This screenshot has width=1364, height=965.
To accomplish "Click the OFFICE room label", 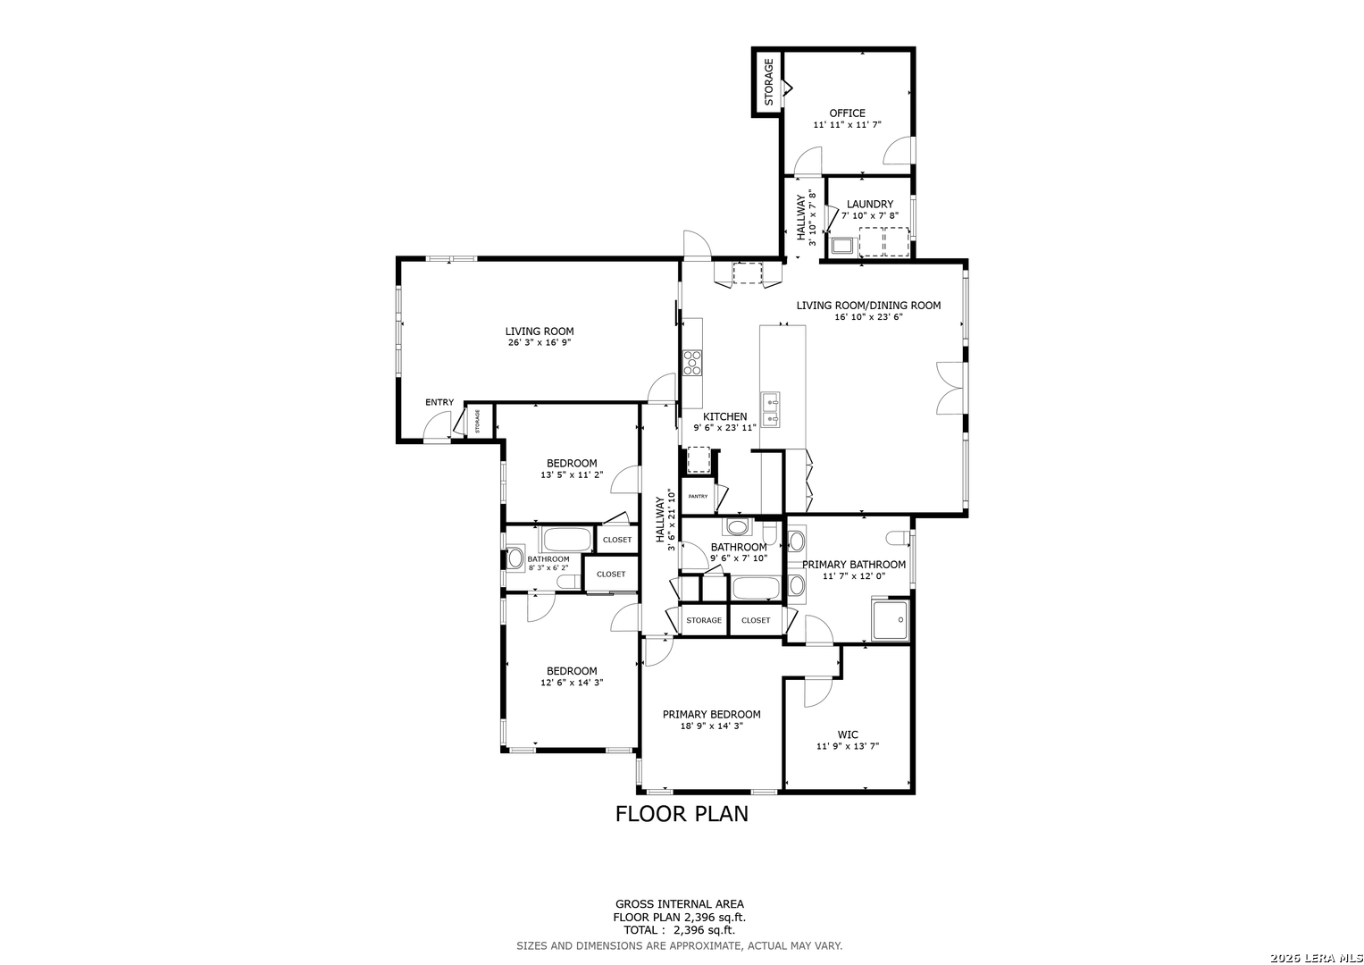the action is tap(847, 113).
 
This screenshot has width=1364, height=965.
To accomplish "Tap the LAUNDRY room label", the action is tap(869, 204).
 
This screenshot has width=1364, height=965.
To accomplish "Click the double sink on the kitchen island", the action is tap(770, 409).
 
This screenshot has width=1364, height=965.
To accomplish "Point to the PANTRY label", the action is tap(698, 497).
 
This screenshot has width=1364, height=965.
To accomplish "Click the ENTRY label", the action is tap(439, 402).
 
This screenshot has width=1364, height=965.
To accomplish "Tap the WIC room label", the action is tap(848, 734).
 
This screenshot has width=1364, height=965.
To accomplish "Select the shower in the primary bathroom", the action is tap(890, 620).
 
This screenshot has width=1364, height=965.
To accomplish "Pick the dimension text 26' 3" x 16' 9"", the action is tap(540, 342).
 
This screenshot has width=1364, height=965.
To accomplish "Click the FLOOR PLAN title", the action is tap(682, 814).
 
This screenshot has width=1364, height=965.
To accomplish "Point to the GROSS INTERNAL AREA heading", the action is tap(680, 904).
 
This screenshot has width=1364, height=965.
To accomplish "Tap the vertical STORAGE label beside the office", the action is tap(768, 81).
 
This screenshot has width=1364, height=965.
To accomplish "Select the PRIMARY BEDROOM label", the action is tap(711, 715).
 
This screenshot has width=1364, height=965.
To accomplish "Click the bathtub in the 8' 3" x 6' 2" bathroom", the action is tap(567, 540).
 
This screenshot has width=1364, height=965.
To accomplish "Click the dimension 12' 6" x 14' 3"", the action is tap(572, 683).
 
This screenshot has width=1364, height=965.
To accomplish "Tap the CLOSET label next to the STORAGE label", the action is tap(756, 620).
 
